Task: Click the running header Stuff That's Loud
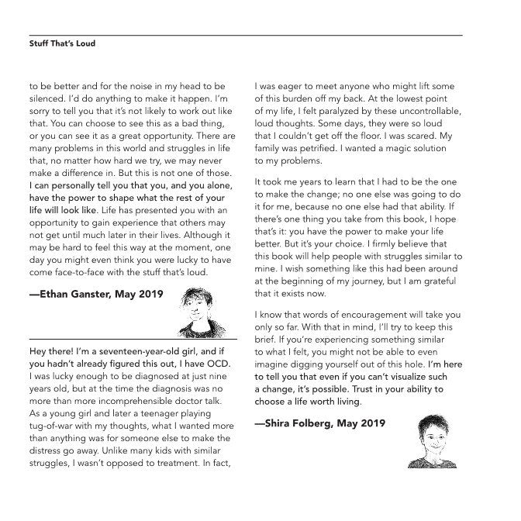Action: [61, 44]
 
